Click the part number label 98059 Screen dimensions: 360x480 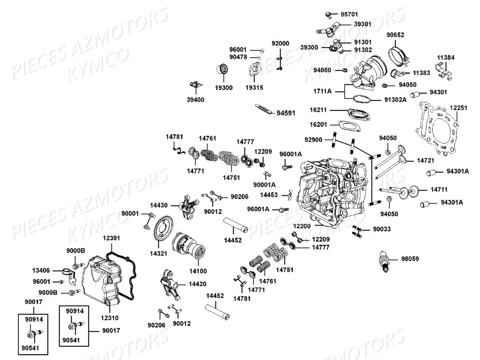[410, 258]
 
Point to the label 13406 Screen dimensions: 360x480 [42, 270]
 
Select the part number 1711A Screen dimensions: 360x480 [322, 91]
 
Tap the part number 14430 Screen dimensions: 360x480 [159, 205]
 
